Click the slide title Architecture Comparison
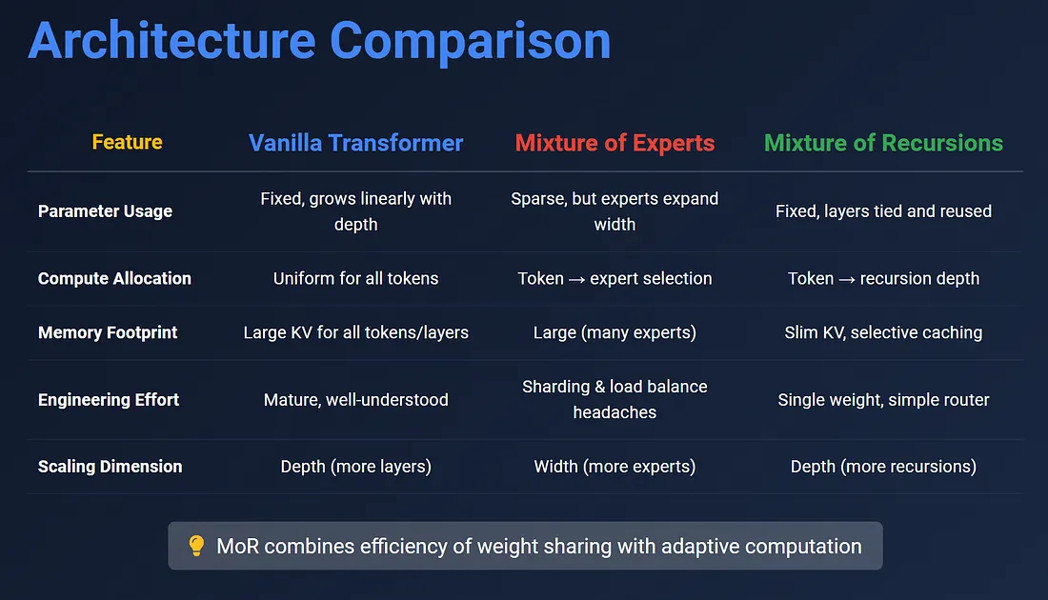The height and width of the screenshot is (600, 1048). pyautogui.click(x=319, y=41)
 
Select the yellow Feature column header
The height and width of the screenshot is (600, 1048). pyautogui.click(x=127, y=142)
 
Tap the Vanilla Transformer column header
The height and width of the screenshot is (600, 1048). pyautogui.click(x=355, y=142)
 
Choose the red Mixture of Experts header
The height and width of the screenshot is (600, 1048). pyautogui.click(x=615, y=143)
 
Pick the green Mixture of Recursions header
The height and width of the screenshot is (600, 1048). pyautogui.click(x=883, y=142)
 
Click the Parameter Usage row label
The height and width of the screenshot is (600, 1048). pyautogui.click(x=105, y=211)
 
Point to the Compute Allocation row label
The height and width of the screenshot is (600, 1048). pyautogui.click(x=114, y=279)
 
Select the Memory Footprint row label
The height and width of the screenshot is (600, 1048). pyautogui.click(x=108, y=332)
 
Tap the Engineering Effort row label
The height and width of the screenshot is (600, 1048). pyautogui.click(x=109, y=400)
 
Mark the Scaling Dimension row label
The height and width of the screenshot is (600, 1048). pyautogui.click(x=111, y=467)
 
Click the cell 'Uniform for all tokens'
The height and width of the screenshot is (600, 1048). pyautogui.click(x=355, y=279)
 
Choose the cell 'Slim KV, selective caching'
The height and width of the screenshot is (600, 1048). pyautogui.click(x=883, y=332)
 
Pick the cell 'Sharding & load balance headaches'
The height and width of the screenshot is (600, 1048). pyautogui.click(x=615, y=400)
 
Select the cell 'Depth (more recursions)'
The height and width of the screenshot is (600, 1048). pyautogui.click(x=883, y=467)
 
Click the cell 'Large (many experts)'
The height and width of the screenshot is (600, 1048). pyautogui.click(x=615, y=332)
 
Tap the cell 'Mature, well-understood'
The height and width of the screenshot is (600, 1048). pyautogui.click(x=355, y=400)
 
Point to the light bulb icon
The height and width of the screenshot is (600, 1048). pyautogui.click(x=196, y=546)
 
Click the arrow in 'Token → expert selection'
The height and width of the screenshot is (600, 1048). pyautogui.click(x=576, y=279)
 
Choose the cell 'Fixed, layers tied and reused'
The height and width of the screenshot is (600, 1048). pyautogui.click(x=883, y=211)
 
